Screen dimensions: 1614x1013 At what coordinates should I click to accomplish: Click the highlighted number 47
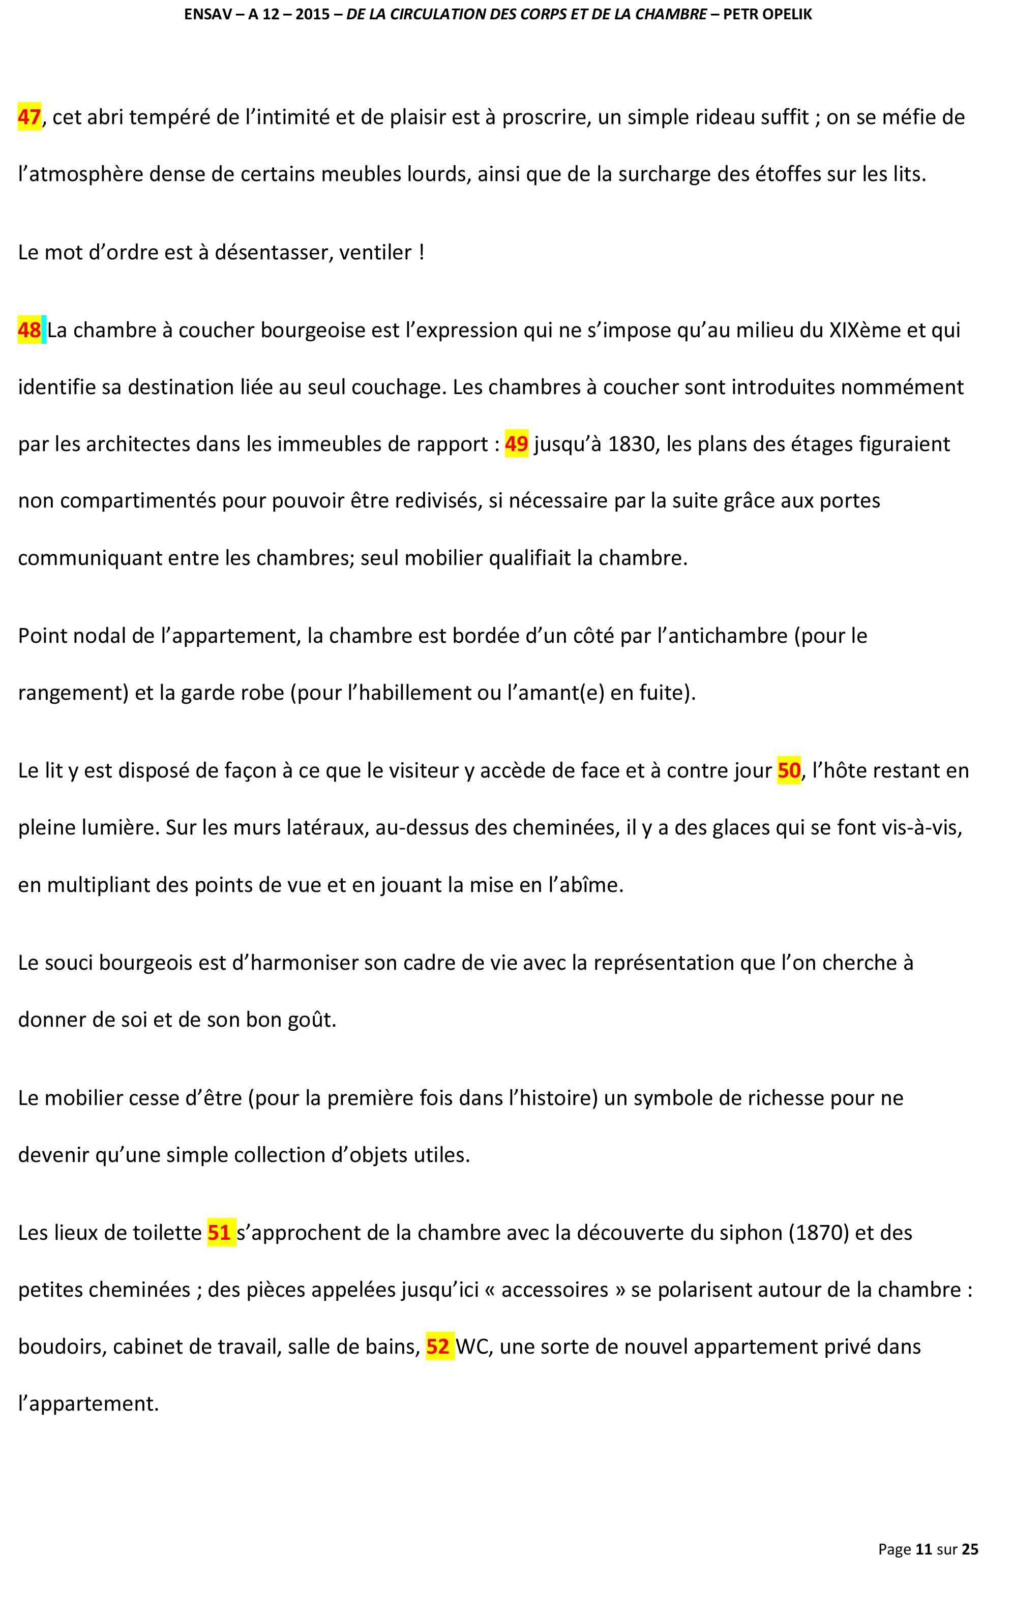coord(29,117)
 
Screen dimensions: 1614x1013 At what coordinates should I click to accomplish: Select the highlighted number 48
coord(29,331)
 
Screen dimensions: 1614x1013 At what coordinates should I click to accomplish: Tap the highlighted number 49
coord(516,444)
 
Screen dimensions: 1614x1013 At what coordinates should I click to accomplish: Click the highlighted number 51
coord(220,1233)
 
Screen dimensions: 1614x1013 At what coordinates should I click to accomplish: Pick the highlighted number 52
coord(438,1347)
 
